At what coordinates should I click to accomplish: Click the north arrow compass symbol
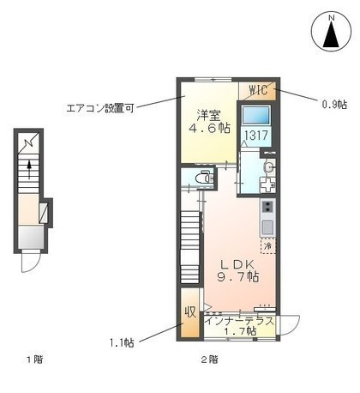[x=331, y=31]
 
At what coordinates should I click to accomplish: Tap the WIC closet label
[x=259, y=90]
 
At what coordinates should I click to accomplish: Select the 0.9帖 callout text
[x=334, y=104]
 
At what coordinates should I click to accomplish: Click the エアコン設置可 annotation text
[x=100, y=108]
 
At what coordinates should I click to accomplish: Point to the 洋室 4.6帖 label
[x=209, y=122]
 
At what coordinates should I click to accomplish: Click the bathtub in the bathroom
[x=256, y=115]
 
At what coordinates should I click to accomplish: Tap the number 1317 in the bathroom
[x=256, y=135]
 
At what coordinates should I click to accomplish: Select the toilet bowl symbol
[x=204, y=178]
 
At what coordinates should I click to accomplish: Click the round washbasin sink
[x=268, y=167]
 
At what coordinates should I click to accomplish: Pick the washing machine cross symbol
[x=267, y=184]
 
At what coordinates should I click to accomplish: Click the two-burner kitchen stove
[x=267, y=207]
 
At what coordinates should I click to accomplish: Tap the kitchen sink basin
[x=267, y=227]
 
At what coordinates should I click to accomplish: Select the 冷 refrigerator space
[x=267, y=245]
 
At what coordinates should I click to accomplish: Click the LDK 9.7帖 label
[x=238, y=270]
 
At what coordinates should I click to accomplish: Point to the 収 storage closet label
[x=190, y=311]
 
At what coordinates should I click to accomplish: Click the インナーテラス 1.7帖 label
[x=240, y=326]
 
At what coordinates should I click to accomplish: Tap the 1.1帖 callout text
[x=122, y=342]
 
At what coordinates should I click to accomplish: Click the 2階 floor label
[x=210, y=360]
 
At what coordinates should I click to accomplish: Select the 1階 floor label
[x=35, y=360]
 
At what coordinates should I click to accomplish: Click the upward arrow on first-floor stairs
[x=29, y=169]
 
